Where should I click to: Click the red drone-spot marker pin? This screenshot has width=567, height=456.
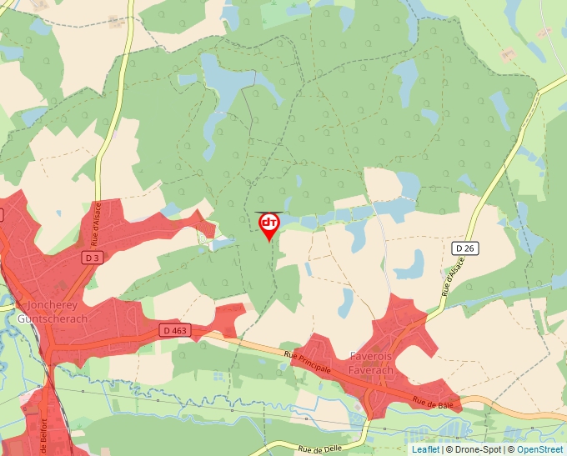[x=268, y=225]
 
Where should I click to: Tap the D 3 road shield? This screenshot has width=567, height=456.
[x=92, y=258]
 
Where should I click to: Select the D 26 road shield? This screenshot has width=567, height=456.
[x=464, y=248]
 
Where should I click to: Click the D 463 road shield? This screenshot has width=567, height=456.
[x=176, y=331]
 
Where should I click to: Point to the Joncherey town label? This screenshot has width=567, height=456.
[x=53, y=305]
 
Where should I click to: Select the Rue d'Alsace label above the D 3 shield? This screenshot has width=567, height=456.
[x=95, y=223]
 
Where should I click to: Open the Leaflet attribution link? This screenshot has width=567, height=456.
[x=425, y=449]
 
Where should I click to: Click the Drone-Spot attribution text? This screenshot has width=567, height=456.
[x=477, y=449]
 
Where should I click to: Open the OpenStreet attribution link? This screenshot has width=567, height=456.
[x=540, y=449]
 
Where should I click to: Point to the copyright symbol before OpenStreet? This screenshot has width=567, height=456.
[x=511, y=449]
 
